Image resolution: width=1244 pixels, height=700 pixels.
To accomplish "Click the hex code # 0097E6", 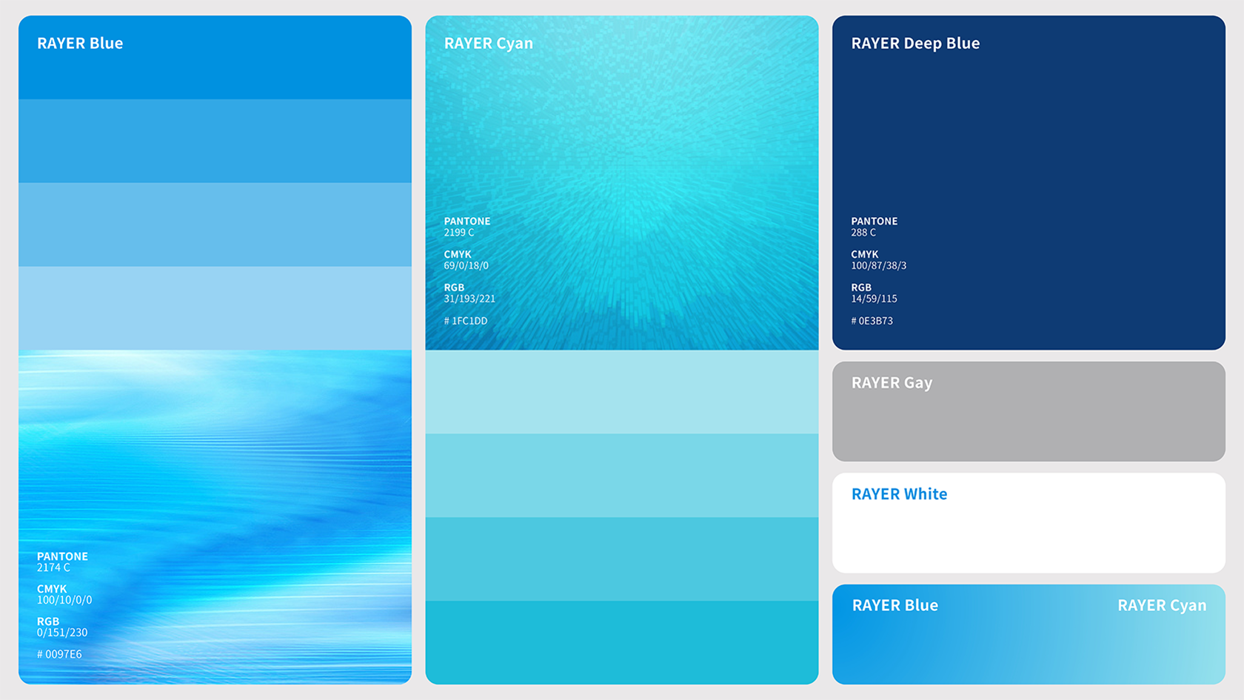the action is (x=59, y=655).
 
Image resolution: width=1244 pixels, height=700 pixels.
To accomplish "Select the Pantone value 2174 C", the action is (x=53, y=567).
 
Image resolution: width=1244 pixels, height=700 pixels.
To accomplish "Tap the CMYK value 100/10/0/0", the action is (x=64, y=600).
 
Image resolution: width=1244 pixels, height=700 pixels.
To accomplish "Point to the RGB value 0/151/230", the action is (x=62, y=633).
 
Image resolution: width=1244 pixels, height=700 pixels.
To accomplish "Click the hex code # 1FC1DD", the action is (x=466, y=321).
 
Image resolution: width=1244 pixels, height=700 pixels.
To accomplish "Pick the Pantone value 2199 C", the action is (x=459, y=233).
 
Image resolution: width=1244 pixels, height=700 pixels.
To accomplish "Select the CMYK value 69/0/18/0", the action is (x=466, y=265).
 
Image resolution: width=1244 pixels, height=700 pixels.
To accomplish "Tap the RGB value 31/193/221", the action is (x=469, y=299).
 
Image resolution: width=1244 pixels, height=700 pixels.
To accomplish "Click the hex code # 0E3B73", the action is (x=872, y=321).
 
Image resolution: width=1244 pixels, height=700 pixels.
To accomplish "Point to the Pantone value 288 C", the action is (x=863, y=233).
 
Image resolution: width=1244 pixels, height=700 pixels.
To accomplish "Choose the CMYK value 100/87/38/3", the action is (x=878, y=265).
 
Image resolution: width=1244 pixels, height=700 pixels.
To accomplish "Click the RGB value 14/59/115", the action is (x=874, y=299).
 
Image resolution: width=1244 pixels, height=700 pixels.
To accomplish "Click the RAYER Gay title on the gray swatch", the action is (x=892, y=383).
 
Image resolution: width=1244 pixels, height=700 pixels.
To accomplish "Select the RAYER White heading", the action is (x=899, y=494).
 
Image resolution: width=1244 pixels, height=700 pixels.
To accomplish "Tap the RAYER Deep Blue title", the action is (x=915, y=43).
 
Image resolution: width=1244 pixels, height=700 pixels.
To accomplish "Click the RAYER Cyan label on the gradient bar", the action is (x=1162, y=606).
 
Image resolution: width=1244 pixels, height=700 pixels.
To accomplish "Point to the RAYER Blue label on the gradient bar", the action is (x=895, y=605).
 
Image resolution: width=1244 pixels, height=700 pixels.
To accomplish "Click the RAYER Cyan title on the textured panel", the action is (x=489, y=43).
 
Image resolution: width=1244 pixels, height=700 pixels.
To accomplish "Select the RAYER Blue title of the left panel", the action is (x=80, y=43).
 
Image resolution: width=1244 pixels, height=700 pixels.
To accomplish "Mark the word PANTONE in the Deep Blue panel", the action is (x=874, y=221).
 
